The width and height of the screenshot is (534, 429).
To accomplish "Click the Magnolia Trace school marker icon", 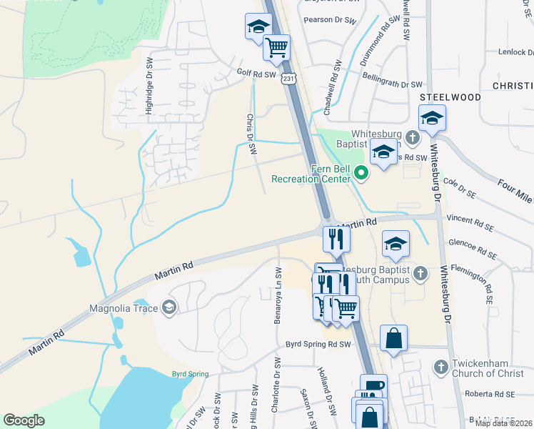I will pyautogui.click(x=169, y=308).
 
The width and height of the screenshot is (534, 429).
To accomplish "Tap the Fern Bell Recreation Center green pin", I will pyautogui.click(x=361, y=172).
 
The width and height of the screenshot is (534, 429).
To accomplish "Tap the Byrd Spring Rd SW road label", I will pyautogui.click(x=319, y=344).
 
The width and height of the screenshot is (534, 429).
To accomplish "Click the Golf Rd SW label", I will pyautogui.click(x=256, y=74).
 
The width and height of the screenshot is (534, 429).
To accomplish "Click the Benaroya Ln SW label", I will pyautogui.click(x=278, y=295).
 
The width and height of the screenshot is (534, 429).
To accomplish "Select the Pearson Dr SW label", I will pyautogui.click(x=328, y=19).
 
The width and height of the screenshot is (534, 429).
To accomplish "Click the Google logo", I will pyautogui.click(x=24, y=420).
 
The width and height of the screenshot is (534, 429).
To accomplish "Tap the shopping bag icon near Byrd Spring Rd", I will pyautogui.click(x=394, y=338).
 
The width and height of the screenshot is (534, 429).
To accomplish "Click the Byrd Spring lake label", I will pyautogui.click(x=190, y=374).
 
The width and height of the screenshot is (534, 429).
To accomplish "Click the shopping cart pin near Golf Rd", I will pyautogui.click(x=276, y=47).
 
